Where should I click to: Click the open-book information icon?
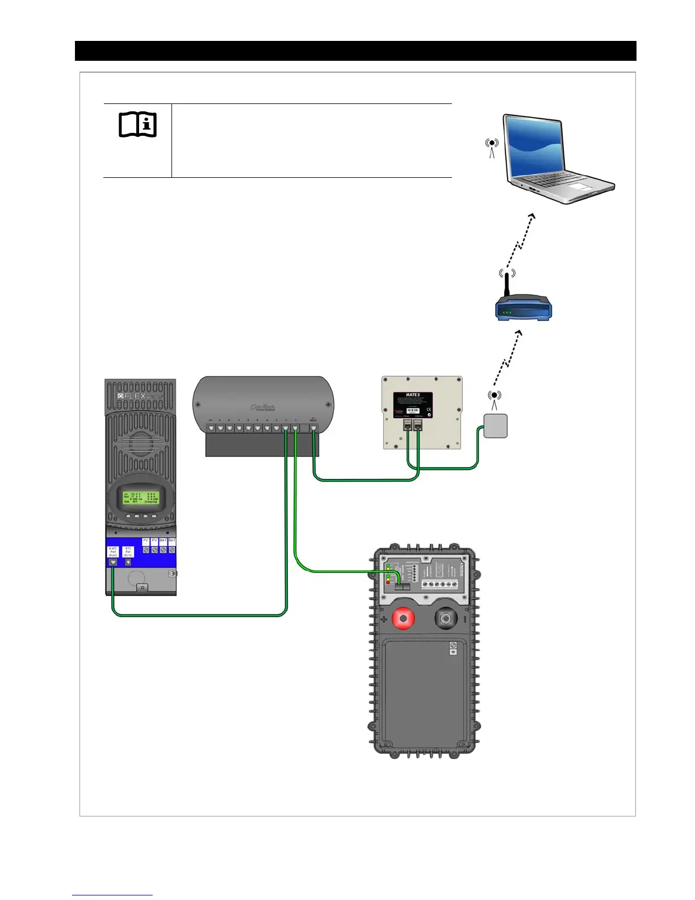click(x=137, y=124)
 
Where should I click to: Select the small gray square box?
click(x=495, y=426)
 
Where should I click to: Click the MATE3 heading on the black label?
click(x=413, y=395)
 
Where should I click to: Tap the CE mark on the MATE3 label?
click(x=429, y=409)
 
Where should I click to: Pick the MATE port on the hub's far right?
click(x=313, y=427)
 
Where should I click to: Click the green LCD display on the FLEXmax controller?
click(x=141, y=498)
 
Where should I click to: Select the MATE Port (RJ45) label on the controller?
click(x=113, y=551)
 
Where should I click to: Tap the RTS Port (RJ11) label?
click(x=128, y=551)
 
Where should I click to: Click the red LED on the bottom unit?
click(x=388, y=582)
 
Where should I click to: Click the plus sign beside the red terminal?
click(x=384, y=619)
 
